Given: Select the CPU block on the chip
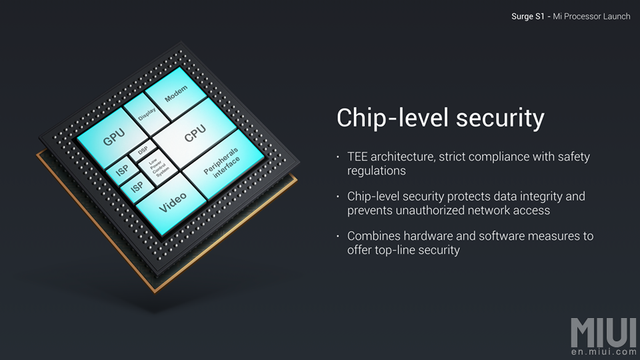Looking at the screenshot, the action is pos(194,134).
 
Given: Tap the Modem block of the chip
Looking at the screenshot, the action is pos(176,93).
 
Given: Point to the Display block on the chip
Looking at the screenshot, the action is pos(146,114).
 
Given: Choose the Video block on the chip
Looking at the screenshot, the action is pos(172,203).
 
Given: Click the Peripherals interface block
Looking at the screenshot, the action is pos(223,164).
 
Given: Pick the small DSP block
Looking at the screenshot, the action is pos(143,151).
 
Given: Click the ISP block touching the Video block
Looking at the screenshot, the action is pos(137,187).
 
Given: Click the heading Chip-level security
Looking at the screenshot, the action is pos(441,118).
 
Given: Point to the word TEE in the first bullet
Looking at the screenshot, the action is pos(357,157).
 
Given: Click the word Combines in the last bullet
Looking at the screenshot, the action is pos(371,236).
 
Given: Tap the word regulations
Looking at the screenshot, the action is pos(376,171).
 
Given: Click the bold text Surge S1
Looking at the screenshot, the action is pos(528,16).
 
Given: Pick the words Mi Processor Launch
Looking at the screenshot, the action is pos(591,16).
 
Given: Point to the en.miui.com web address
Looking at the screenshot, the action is pos(604,352).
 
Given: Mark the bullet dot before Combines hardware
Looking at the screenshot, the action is pos(338,236).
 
